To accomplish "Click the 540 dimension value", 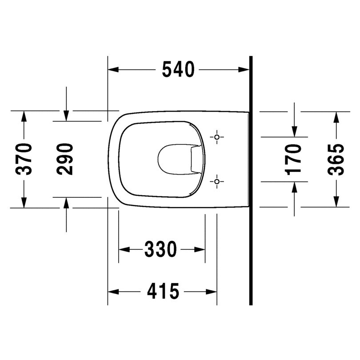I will pyautogui.click(x=178, y=69).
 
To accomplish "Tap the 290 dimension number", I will pyautogui.click(x=65, y=159).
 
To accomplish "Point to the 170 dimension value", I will pyautogui.click(x=294, y=159).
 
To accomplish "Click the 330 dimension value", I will pyautogui.click(x=160, y=249).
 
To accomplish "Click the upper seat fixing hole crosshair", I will pyautogui.click(x=216, y=137).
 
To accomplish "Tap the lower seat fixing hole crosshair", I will pyautogui.click(x=216, y=181).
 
